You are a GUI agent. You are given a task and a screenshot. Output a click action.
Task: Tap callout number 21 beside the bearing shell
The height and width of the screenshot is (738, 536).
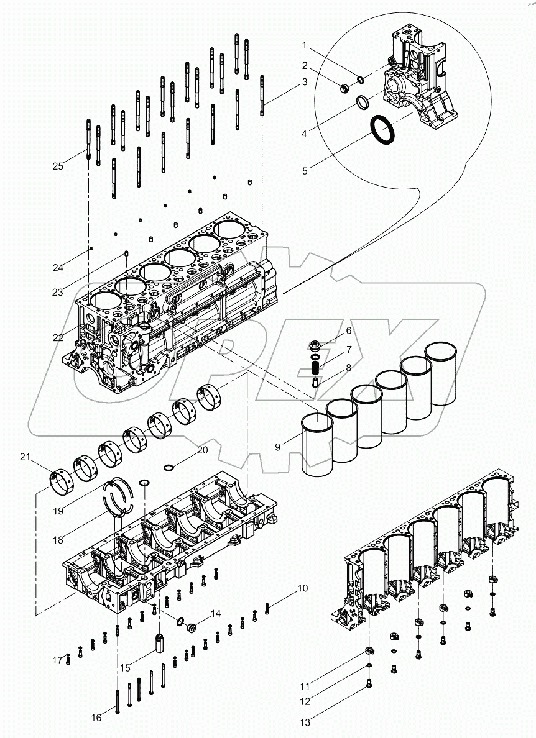click(25, 458)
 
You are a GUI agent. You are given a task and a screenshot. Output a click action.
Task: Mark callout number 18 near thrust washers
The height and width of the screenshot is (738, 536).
click(58, 540)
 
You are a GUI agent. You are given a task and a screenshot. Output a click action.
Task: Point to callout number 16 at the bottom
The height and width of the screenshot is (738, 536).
click(96, 717)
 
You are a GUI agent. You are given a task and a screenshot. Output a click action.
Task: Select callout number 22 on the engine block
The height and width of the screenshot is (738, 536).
click(58, 337)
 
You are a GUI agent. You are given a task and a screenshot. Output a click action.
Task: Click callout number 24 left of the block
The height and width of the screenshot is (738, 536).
click(57, 268)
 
